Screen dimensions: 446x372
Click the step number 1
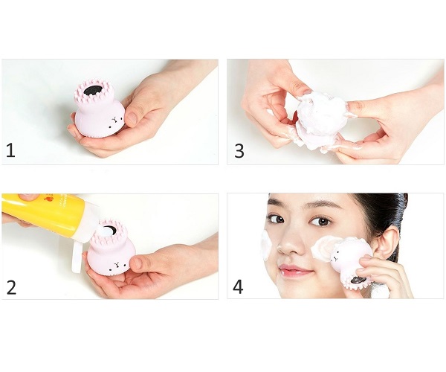coord(10,150)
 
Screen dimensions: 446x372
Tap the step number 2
coord(11,287)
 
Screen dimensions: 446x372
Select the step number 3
coord(239,150)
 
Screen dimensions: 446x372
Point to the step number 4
coord(238,287)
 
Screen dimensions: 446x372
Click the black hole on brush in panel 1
coord(92,90)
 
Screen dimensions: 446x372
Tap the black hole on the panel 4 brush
coord(355,280)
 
